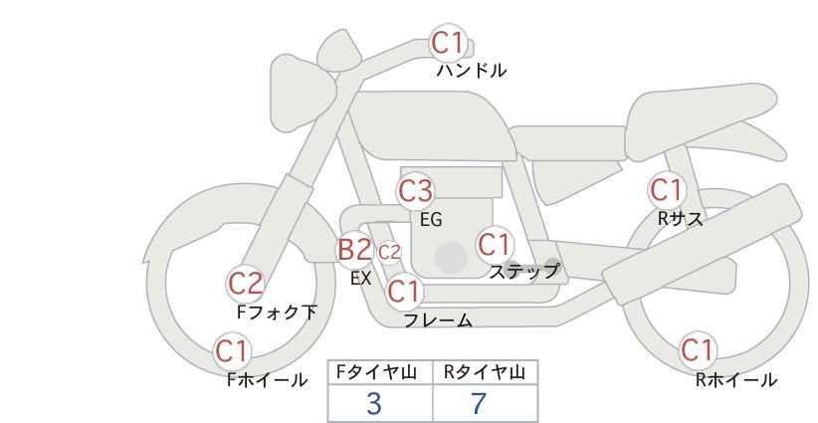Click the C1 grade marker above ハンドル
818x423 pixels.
448,43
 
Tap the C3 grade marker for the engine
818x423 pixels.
416,191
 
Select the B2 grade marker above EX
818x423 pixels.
354,249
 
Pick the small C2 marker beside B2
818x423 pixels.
389,253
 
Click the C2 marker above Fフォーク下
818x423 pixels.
246,284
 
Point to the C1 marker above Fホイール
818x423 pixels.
232,351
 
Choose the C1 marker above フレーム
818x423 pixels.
404,291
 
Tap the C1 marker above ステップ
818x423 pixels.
495,245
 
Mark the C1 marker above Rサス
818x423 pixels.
667,190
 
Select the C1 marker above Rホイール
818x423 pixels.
697,350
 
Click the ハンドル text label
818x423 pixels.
472,71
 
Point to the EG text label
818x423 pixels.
432,220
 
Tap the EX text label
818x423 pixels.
361,279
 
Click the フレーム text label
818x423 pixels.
438,320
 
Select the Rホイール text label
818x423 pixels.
736,380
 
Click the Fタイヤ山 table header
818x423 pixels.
376,372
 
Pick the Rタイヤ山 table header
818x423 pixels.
485,372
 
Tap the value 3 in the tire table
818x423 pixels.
374,404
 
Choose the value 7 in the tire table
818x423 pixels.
479,404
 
